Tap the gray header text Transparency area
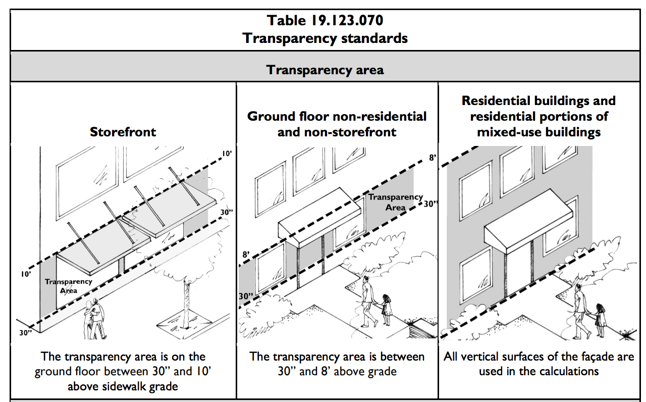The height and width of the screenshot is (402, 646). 325,70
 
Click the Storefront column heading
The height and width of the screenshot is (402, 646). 123,132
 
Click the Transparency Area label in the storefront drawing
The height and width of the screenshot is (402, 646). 68,286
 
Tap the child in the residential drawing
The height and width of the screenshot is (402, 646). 600,321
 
